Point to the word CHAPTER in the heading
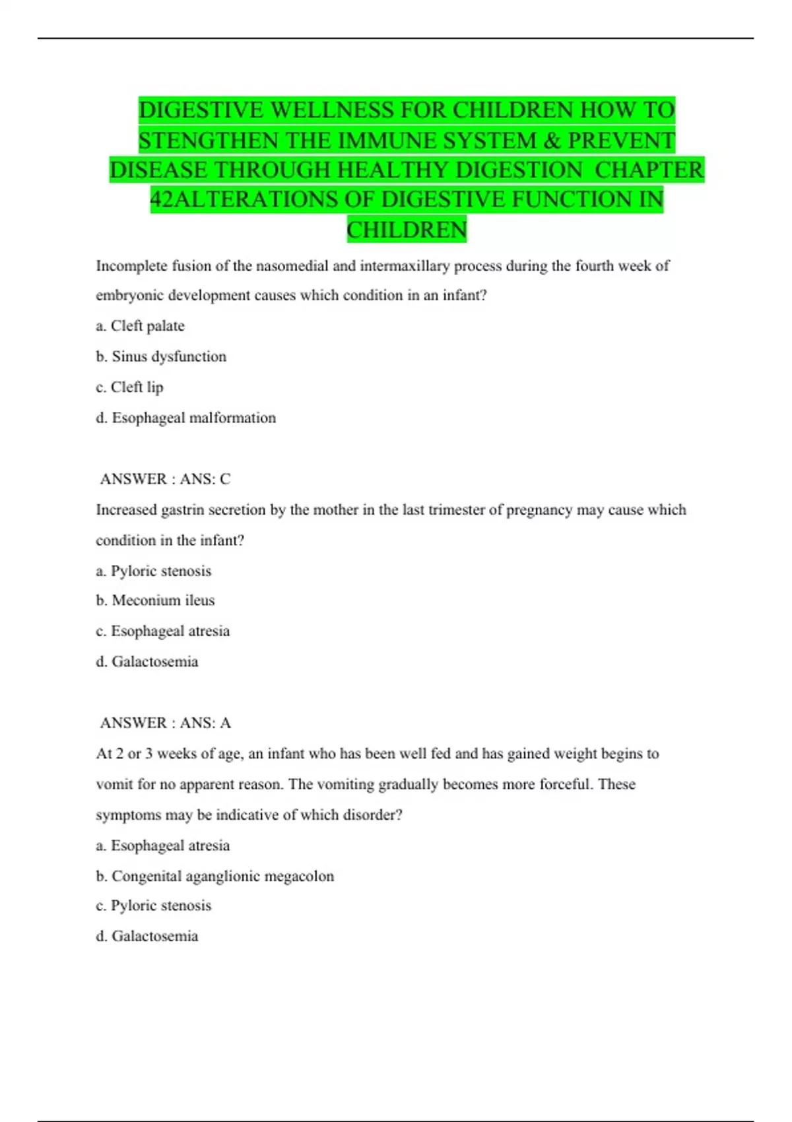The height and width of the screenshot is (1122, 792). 649,170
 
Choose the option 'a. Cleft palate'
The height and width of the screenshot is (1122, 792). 140,326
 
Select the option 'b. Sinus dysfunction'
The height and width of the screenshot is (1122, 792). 161,356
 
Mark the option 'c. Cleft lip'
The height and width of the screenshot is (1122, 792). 129,387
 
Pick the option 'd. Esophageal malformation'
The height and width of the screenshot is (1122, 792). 185,418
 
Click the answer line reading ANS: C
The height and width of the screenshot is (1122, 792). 165,479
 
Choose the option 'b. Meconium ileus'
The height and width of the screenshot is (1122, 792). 155,601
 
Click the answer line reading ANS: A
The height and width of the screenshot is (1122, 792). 165,723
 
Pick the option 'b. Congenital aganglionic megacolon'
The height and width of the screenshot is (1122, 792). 214,876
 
